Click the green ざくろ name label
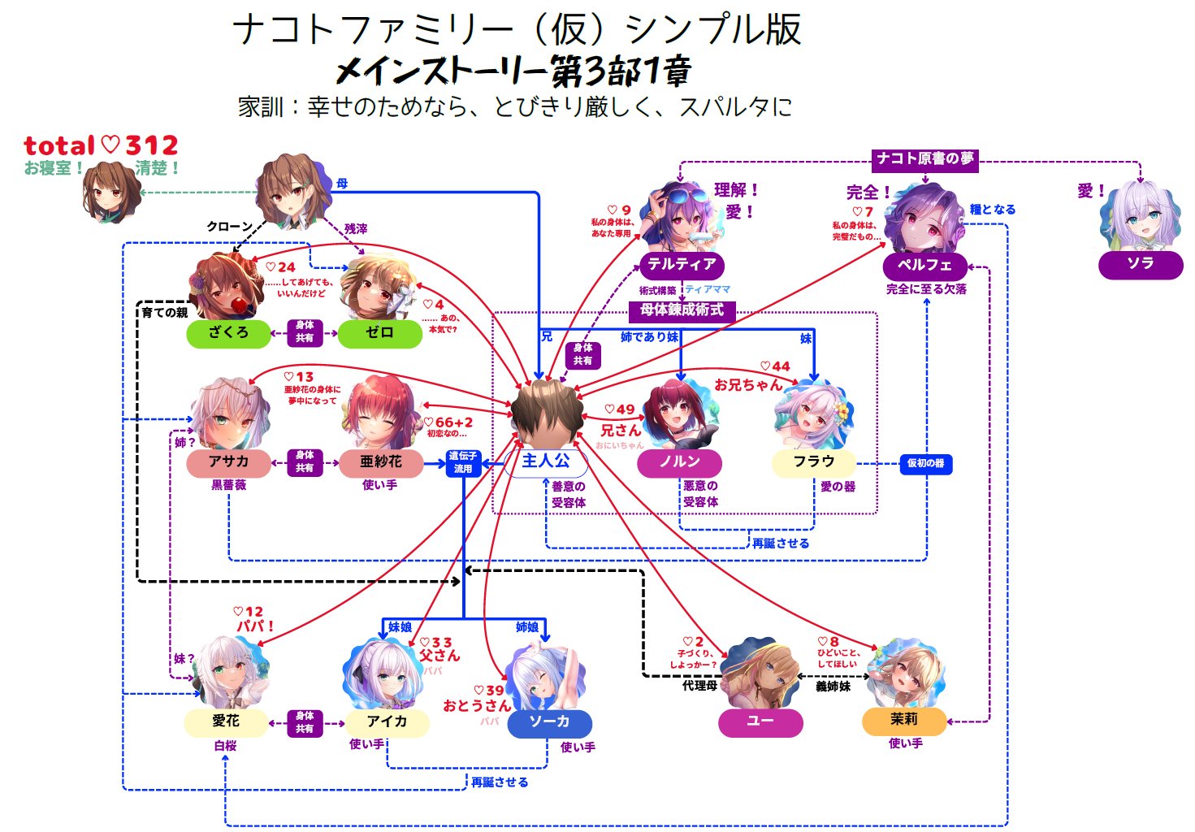[227, 333]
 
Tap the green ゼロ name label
[379, 333]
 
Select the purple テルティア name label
[681, 265]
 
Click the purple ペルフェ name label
[924, 266]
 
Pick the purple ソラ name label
[1140, 264]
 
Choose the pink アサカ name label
[228, 462]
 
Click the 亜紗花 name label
[380, 462]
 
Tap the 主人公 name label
[545, 462]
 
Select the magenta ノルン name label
[679, 462]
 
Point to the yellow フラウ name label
[813, 462]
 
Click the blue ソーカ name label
[549, 722]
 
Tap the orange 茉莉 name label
[903, 720]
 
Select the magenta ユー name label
[760, 721]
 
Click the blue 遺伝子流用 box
[463, 463]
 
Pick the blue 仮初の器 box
[925, 463]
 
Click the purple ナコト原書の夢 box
[924, 159]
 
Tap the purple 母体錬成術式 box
[682, 310]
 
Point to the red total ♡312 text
[101, 146]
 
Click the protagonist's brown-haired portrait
[546, 411]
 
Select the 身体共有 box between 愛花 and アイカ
[305, 722]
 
